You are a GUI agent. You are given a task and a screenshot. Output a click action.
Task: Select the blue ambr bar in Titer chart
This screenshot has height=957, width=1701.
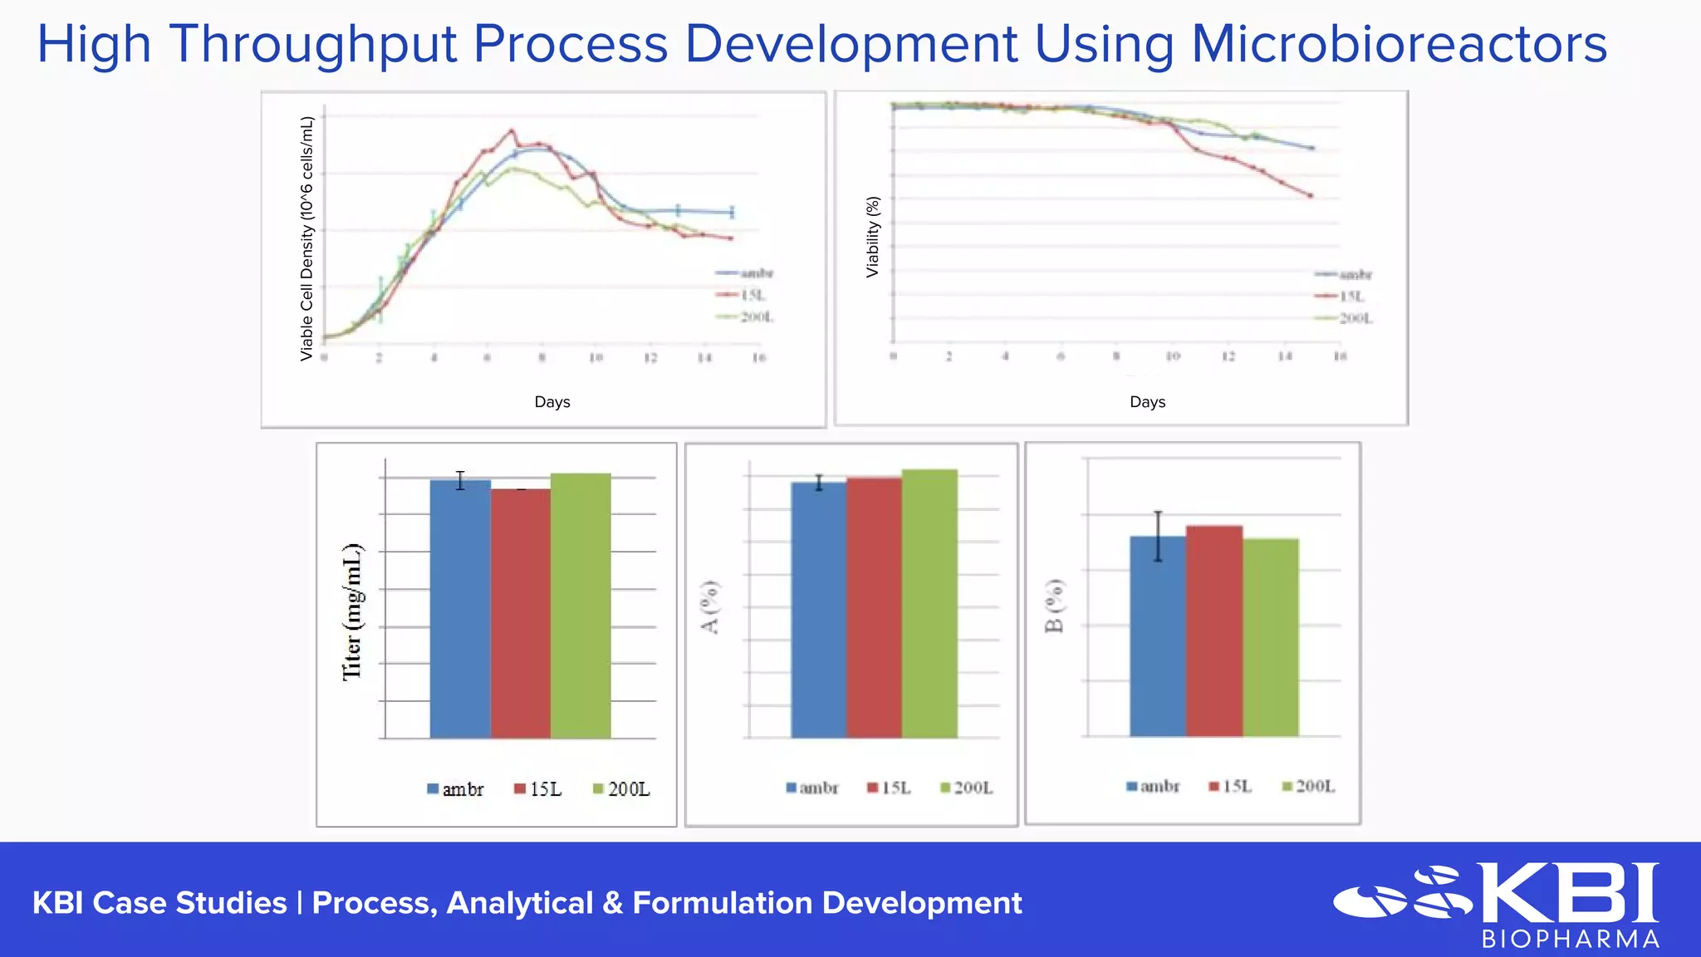tap(460, 611)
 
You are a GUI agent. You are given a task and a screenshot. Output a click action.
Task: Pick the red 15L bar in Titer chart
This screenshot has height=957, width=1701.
tap(521, 615)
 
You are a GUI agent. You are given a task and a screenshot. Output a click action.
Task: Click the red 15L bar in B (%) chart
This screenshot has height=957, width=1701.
tap(1214, 631)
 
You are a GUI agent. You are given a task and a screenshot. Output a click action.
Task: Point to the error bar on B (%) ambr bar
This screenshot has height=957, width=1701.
tap(1158, 536)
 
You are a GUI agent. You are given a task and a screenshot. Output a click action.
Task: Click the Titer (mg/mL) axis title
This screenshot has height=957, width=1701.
tap(353, 612)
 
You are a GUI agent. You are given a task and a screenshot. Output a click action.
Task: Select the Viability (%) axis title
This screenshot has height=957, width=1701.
tap(872, 237)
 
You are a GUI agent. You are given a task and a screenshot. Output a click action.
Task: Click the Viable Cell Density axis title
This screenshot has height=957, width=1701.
tap(306, 238)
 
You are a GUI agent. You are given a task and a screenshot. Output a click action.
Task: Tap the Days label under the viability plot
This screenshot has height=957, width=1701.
tap(1147, 402)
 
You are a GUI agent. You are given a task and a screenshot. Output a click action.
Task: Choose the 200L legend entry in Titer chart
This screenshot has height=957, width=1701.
tap(621, 789)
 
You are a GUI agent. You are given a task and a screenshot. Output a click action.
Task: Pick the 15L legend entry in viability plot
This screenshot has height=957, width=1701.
tap(1343, 297)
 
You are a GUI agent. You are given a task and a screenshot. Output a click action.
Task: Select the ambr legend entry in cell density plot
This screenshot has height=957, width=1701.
tap(746, 273)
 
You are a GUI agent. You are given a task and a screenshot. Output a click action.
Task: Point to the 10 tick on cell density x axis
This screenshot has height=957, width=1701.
tap(596, 358)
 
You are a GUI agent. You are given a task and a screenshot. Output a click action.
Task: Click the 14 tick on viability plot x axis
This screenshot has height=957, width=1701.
tap(1284, 356)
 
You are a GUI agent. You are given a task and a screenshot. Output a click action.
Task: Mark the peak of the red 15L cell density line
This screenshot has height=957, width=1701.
tap(512, 130)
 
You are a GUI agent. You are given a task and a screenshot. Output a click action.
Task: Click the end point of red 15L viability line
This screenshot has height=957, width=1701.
tap(1311, 196)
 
